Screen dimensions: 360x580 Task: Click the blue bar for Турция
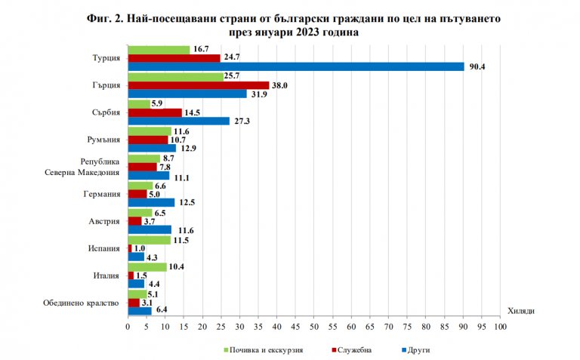[296, 66]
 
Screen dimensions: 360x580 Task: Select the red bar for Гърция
[199, 85]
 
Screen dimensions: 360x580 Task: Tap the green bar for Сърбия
[139, 104]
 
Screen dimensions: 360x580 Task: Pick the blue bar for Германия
[151, 202]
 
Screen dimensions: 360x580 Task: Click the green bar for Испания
[150, 240]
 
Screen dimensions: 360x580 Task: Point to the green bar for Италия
[147, 267]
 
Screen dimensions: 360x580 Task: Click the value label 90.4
[477, 67]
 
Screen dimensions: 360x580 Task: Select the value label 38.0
[280, 85]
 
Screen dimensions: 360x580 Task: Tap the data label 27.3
[241, 122]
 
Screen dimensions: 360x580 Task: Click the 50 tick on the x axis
[314, 328]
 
